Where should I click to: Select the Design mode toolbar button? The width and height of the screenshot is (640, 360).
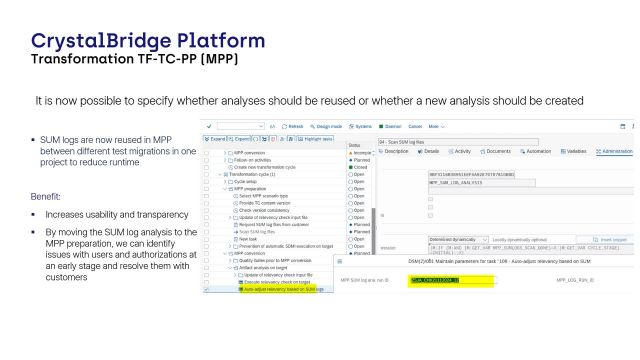click(327, 127)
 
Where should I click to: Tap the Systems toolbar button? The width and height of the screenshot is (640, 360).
click(361, 127)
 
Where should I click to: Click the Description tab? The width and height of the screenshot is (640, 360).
click(395, 151)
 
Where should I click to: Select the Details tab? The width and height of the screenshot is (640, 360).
click(430, 151)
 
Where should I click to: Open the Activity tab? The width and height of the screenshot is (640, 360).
click(462, 151)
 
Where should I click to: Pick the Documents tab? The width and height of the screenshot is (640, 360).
click(498, 151)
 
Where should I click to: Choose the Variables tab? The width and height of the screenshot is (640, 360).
click(576, 151)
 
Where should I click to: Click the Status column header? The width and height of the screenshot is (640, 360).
click(355, 145)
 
